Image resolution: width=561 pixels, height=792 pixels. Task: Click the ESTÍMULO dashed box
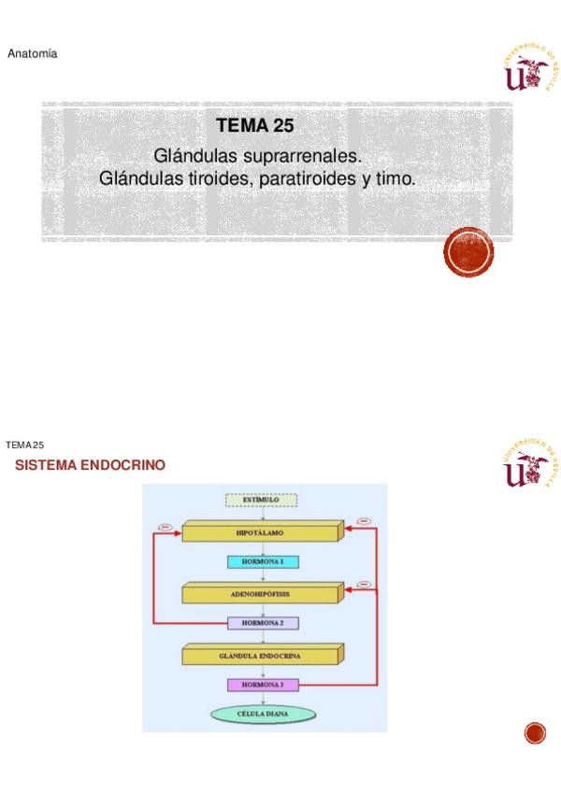[263, 500]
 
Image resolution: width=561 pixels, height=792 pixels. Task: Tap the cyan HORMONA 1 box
[263, 561]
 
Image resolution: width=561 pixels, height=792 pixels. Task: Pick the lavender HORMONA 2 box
[263, 622]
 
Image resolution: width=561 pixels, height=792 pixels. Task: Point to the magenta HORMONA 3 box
[263, 685]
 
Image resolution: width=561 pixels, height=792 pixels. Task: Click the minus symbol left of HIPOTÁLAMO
[165, 527]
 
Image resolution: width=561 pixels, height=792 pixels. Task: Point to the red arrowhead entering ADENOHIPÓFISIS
[345, 590]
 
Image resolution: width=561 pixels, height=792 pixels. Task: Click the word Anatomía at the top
[33, 54]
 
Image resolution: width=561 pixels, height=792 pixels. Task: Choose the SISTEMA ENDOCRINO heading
[91, 464]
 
